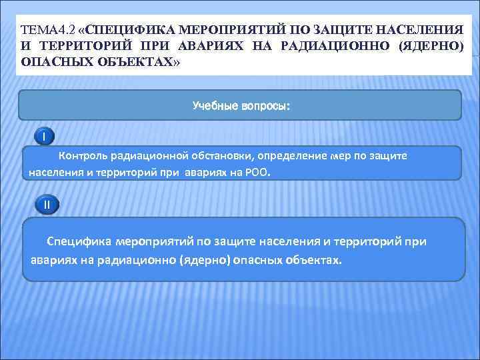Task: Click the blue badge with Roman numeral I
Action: click(44, 137)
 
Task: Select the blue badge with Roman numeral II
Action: click(46, 205)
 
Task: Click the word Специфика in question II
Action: click(78, 241)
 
